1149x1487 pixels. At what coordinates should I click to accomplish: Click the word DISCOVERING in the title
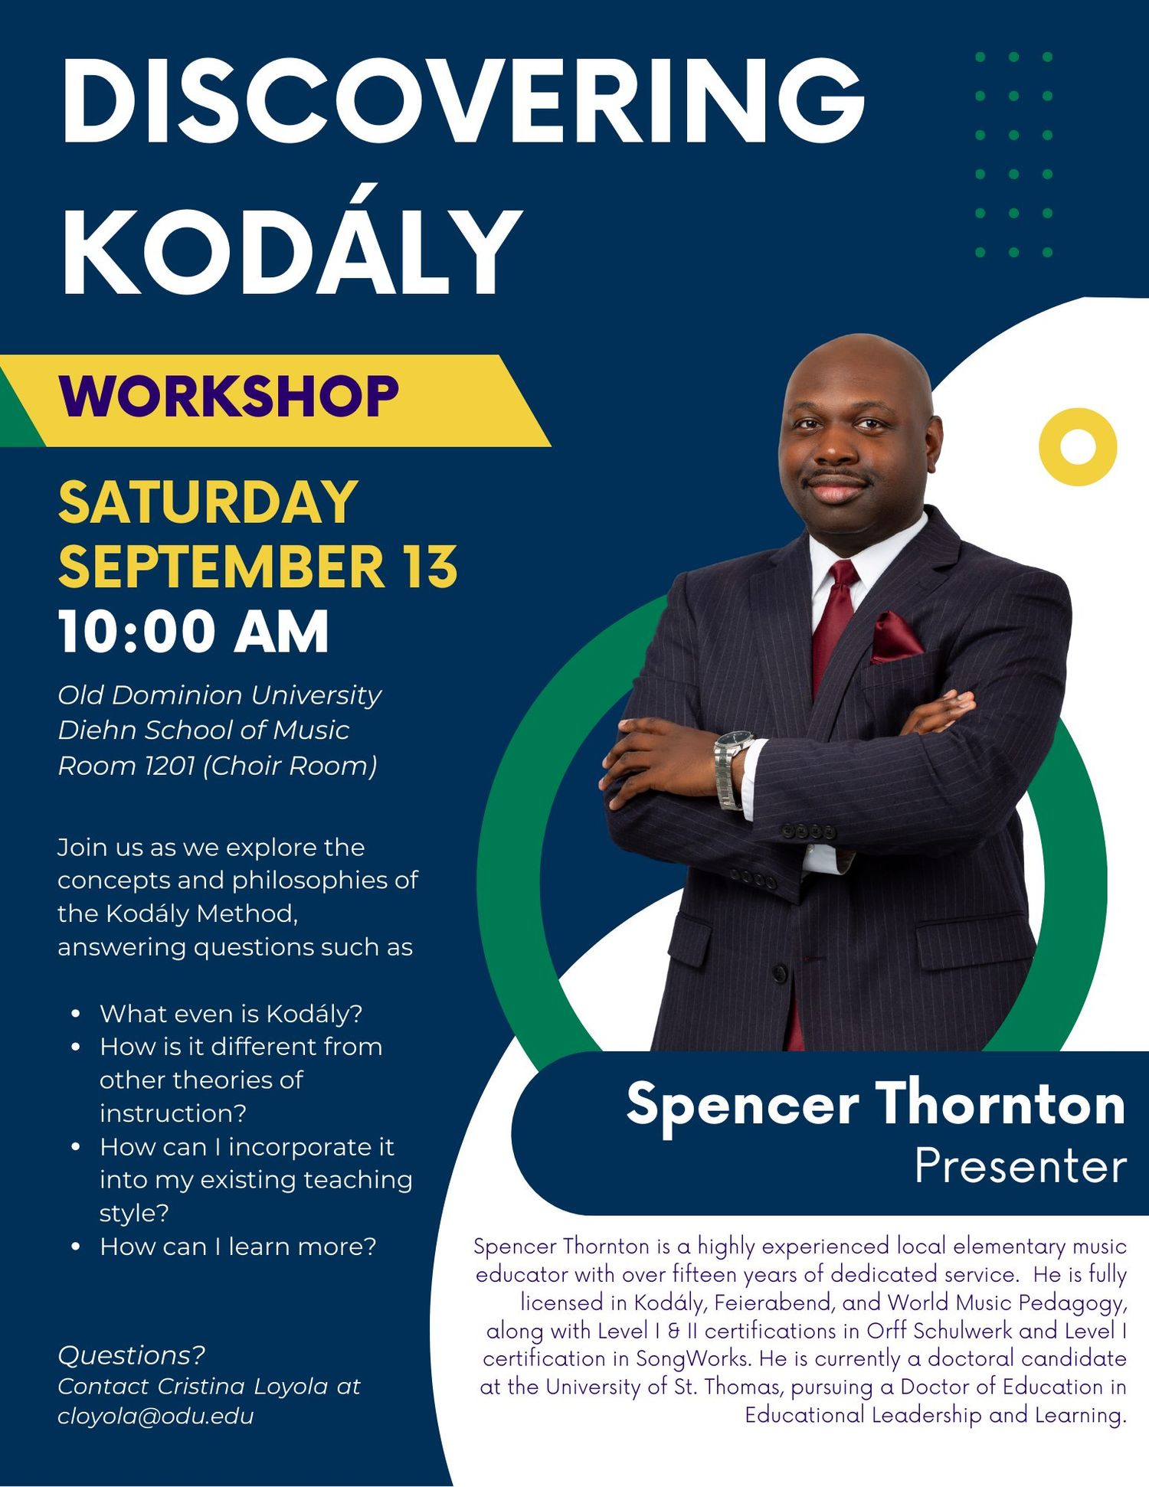(x=463, y=100)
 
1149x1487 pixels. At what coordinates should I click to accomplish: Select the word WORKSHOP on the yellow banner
(x=229, y=397)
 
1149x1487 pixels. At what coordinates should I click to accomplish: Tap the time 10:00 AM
(x=194, y=632)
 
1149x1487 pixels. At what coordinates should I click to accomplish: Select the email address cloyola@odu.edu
(x=155, y=1416)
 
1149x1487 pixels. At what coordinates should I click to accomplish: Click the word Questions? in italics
(x=132, y=1355)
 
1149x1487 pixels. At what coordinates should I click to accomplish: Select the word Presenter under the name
(x=1020, y=1166)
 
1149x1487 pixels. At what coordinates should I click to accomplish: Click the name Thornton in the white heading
(x=1000, y=1104)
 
